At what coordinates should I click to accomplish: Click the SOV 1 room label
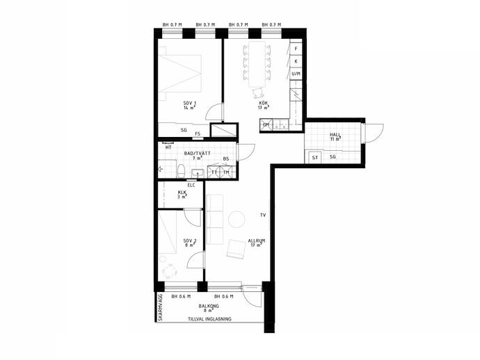pos(190,103)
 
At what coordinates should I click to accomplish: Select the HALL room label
pos(335,135)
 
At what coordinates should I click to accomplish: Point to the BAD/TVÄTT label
pos(197,153)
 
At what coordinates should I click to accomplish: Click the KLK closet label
pos(182,193)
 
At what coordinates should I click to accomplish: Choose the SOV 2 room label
pos(190,240)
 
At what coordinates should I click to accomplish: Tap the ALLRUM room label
pos(257,240)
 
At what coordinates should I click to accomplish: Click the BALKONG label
pos(209,306)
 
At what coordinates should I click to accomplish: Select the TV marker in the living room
pos(263,215)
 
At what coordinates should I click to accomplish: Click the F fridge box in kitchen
pos(296,49)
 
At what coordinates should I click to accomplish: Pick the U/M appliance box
pos(296,74)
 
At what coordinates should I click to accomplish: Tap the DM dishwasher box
pos(266,125)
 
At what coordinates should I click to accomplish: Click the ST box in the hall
pos(315,157)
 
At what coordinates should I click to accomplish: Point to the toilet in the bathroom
pos(181,171)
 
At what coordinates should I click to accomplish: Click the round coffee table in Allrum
pos(237,219)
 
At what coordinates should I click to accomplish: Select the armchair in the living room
pos(237,249)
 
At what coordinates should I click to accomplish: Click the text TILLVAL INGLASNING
pos(209,319)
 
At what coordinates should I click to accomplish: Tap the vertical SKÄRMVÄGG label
pos(160,307)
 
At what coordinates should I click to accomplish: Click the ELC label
pos(191,185)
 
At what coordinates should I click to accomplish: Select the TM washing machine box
pos(226,172)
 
